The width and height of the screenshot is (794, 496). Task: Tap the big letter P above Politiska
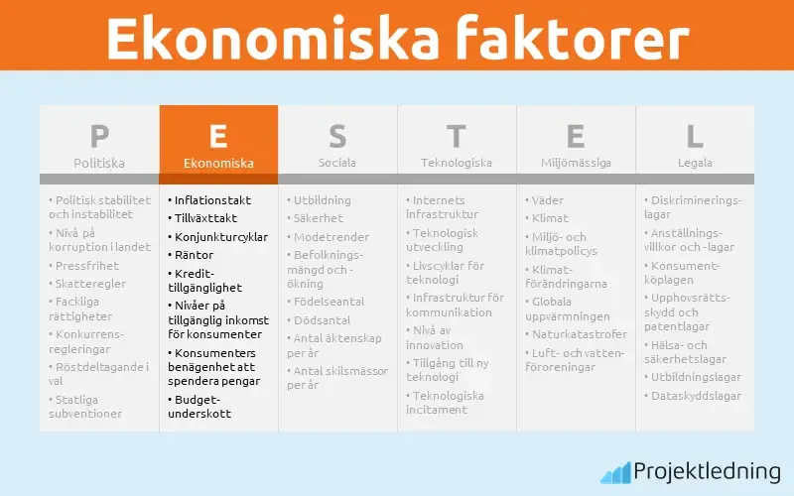[99, 136]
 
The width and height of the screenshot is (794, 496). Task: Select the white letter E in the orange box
[218, 136]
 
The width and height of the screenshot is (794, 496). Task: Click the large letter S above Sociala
[337, 136]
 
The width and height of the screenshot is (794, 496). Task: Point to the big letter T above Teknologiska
[457, 136]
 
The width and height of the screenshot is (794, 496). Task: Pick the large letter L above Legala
[695, 136]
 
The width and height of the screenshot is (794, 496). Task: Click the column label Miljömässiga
[576, 163]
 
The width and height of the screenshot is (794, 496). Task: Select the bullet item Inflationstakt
[212, 200]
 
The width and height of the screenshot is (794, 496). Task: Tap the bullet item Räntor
[194, 255]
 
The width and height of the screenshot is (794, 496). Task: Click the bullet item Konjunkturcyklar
[220, 237]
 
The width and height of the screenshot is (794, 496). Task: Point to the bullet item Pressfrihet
[87, 266]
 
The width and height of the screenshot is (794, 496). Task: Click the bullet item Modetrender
[331, 237]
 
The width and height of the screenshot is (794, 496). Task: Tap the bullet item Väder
[547, 200]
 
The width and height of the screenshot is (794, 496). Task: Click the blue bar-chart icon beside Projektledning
[615, 472]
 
